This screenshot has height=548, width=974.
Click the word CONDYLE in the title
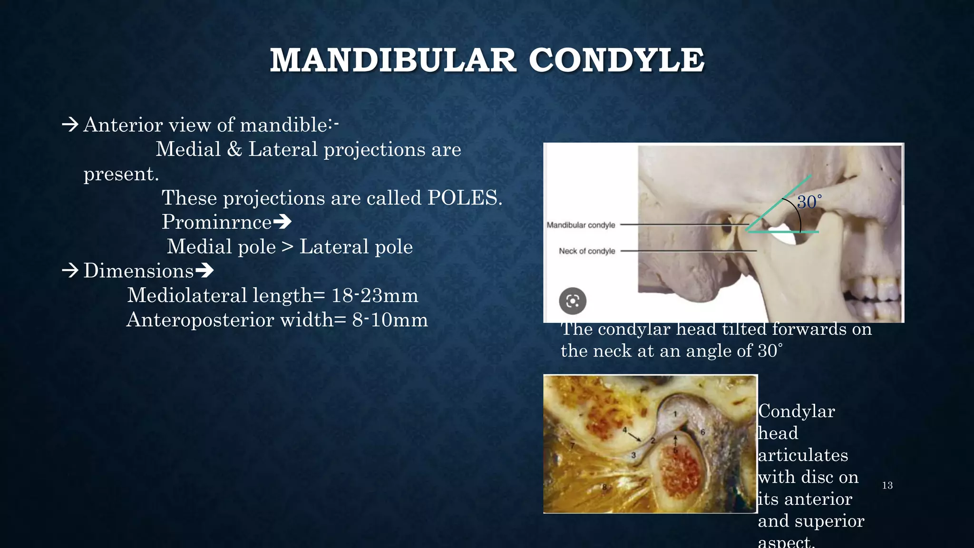[x=616, y=60]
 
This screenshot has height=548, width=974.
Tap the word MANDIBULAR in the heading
[x=393, y=60]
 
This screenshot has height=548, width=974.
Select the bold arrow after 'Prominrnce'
[x=282, y=222]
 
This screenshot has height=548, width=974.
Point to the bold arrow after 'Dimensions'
[x=205, y=271]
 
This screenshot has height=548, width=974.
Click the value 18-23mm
[x=375, y=295]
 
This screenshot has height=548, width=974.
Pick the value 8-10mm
[x=390, y=320]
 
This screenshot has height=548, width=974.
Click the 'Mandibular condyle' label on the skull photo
[x=581, y=225]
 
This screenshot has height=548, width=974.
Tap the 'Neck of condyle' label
[x=587, y=251]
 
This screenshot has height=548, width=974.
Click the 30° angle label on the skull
[x=809, y=202]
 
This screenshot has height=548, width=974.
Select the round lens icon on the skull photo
[x=573, y=301]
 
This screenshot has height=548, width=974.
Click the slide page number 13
[x=887, y=486]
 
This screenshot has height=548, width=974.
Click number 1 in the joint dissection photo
[x=675, y=414]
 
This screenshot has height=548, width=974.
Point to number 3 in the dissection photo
[x=633, y=455]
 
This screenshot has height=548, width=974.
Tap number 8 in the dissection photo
[x=604, y=487]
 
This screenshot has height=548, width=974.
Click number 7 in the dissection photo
[x=573, y=446]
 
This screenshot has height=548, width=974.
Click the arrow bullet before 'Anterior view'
[x=70, y=125]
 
